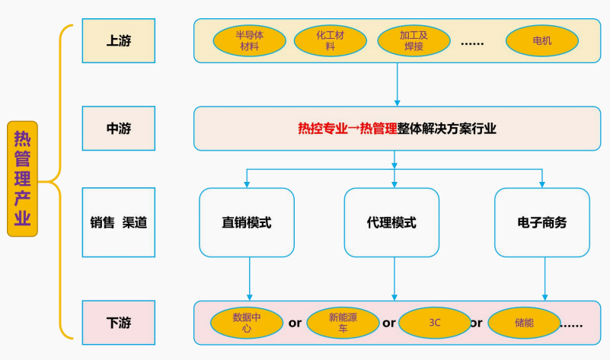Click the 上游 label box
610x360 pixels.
[118, 40]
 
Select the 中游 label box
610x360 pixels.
[118, 129]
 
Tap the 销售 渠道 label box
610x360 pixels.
[118, 223]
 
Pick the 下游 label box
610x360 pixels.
[118, 322]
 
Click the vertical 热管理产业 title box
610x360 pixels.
[23, 179]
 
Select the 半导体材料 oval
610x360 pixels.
[249, 40]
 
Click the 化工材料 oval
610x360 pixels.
[330, 40]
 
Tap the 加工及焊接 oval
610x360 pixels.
[414, 40]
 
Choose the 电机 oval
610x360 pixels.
[541, 40]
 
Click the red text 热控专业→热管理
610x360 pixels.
[347, 129]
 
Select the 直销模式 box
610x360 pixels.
[247, 222]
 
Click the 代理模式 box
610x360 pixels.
[391, 222]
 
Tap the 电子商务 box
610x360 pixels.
[541, 222]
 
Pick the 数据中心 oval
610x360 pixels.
[246, 323]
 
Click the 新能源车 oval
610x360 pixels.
[343, 323]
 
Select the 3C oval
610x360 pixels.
[434, 323]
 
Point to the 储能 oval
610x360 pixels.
[523, 323]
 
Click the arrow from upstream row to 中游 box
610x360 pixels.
[397, 84]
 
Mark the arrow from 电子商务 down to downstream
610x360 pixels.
[545, 278]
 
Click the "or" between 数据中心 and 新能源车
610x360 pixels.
[295, 323]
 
